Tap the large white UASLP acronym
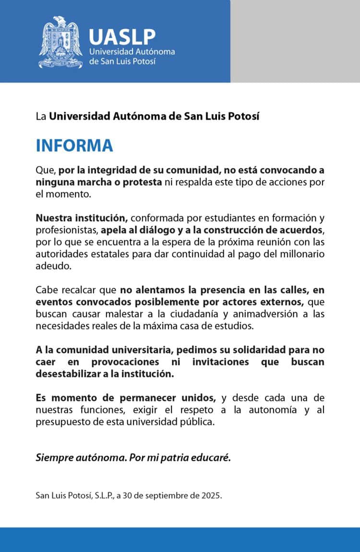click(x=122, y=36)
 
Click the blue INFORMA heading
click(x=74, y=145)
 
